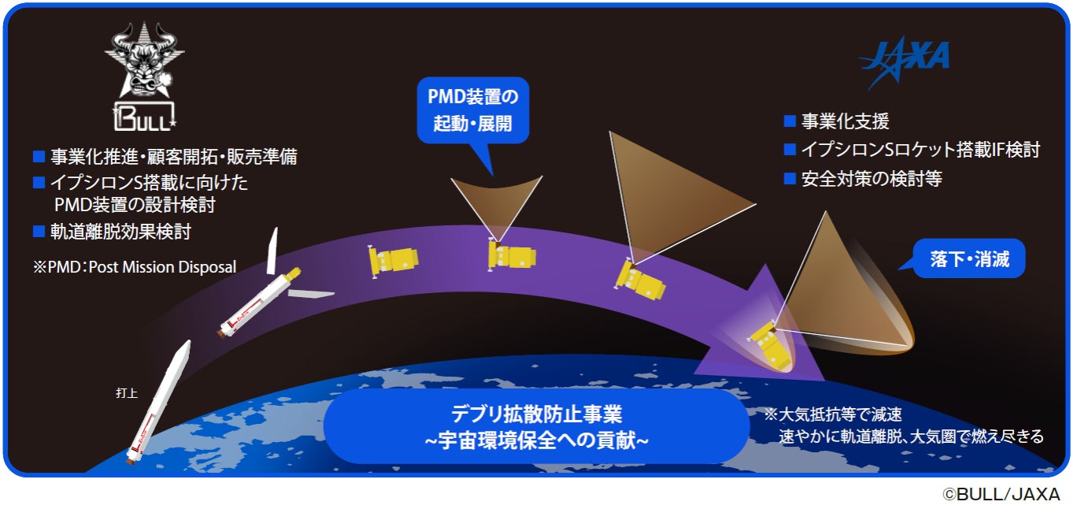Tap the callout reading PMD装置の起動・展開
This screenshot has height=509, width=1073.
(x=473, y=112)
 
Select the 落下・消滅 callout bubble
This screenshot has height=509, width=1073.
(x=969, y=259)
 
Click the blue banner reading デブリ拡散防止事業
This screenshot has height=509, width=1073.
(x=537, y=426)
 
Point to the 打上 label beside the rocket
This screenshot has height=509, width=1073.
(x=127, y=392)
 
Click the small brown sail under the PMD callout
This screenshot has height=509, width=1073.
(x=496, y=202)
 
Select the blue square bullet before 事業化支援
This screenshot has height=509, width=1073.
(x=790, y=122)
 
